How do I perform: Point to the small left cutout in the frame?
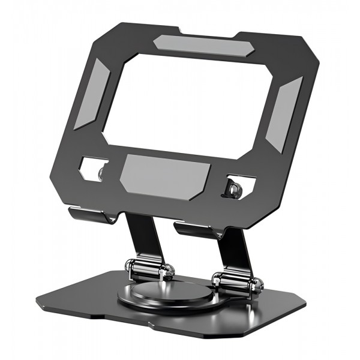pyautogui.click(x=94, y=169)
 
